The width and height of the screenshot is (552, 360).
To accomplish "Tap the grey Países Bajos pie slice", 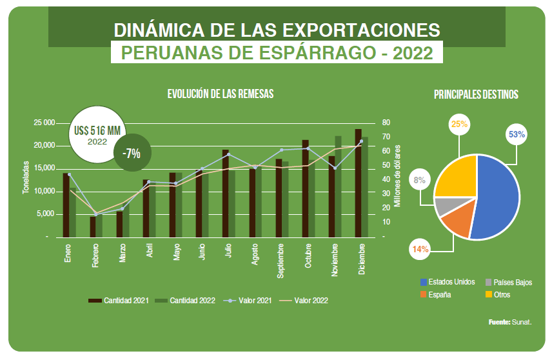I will tap(442, 206).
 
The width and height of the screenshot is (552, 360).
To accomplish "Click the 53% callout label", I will tap(517, 135).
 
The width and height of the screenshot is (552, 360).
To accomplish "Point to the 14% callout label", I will tap(420, 248).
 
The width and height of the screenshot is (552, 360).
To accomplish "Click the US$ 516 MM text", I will tap(97, 130).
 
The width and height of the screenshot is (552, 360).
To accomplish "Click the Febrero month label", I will tap(95, 256).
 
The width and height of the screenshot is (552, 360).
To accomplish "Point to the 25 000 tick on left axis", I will tap(44, 123).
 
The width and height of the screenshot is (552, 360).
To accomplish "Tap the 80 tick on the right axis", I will tap(386, 123).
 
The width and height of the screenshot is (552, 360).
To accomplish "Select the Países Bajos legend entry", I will tap(509, 283).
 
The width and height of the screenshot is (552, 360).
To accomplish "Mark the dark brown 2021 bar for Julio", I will tap(226, 193).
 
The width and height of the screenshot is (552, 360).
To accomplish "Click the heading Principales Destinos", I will tap(476, 94).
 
